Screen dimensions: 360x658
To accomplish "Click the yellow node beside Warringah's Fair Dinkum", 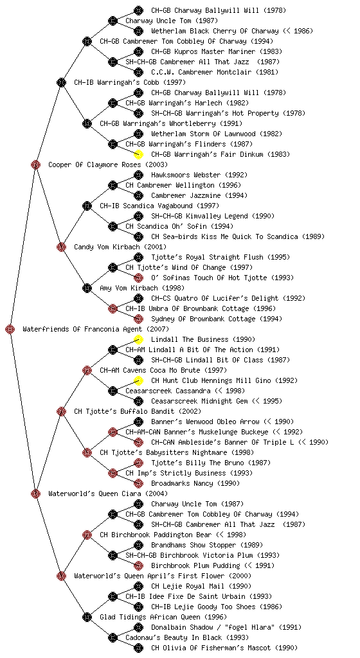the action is coord(138,154).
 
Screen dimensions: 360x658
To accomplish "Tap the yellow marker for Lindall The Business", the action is coord(138,339).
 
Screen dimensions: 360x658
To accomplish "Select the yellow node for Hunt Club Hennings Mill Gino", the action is coord(138,380).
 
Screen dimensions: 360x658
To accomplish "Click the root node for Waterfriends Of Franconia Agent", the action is coord(10,329).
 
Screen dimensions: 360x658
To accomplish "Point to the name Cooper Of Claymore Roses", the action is coord(95,164).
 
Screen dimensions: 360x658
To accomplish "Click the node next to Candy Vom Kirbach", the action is coord(61,247).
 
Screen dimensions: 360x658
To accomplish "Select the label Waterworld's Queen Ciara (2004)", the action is coord(108,493).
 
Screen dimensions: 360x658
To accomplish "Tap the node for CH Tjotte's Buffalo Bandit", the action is coord(61,411).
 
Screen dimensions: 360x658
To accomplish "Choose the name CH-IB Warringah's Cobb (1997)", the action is coord(130,82).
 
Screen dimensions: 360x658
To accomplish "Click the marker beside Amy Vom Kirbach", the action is coord(87,288).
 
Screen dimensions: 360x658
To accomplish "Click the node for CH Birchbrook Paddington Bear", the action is coord(87,535).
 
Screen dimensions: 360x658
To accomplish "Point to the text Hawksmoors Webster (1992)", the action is coord(199,175).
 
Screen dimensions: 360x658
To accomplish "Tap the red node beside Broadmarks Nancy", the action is coord(138,483).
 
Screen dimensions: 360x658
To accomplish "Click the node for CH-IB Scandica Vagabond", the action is coord(87,206).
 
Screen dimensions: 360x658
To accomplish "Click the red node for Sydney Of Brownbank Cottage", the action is coord(138,319).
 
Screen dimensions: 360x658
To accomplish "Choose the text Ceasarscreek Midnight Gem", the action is coord(199,401).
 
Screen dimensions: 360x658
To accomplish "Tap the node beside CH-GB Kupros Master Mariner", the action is coord(138,51).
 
